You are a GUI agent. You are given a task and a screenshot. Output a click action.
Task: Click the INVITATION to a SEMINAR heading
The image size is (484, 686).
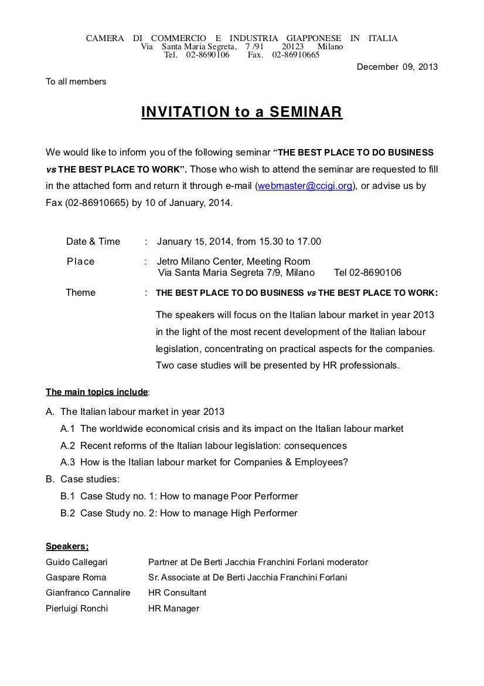pos(241,112)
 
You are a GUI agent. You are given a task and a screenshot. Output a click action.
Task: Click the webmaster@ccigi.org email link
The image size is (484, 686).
pos(305,186)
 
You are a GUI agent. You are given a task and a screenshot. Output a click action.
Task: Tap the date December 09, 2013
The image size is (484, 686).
pos(397,67)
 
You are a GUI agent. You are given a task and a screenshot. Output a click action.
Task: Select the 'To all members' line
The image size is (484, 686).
pos(76,82)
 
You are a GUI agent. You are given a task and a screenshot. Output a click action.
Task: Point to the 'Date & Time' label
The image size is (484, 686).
pos(93,241)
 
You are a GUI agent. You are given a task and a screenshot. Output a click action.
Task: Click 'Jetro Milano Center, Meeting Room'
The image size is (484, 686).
pos(234,261)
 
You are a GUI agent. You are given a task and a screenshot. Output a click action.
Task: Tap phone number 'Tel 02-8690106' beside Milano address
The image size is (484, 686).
pos(367,273)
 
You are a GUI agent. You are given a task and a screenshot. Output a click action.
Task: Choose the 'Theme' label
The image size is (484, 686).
pos(80,292)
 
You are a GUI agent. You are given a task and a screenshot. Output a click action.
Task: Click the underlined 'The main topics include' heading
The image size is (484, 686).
pos(97,391)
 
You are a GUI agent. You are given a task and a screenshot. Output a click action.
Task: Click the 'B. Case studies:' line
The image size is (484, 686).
pos(83,479)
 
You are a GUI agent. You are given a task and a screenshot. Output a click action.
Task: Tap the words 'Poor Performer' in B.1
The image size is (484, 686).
pos(264,496)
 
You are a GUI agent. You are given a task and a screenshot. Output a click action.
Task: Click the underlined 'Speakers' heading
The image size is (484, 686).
pos(67,546)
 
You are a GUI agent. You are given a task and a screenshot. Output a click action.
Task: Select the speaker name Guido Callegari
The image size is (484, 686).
pos(77,562)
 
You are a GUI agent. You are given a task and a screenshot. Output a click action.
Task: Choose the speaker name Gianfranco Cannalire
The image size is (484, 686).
pos(88,593)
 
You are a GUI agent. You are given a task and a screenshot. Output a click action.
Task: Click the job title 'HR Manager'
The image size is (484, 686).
pos(173,609)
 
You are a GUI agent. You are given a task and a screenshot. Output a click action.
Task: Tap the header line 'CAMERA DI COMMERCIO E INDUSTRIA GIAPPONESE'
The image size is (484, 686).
pos(241,39)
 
